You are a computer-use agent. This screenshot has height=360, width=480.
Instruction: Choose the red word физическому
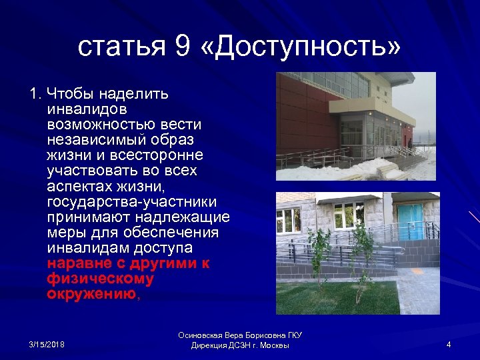[x=100, y=278]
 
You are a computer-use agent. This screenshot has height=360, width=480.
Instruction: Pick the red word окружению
[x=91, y=293]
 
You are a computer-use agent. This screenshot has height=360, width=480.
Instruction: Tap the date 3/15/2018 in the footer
[x=47, y=344]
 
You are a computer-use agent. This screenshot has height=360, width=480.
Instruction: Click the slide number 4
[x=449, y=344]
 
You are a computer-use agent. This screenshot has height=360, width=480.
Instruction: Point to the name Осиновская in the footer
[x=205, y=335]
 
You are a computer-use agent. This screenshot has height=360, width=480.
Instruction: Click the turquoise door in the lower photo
[x=409, y=219]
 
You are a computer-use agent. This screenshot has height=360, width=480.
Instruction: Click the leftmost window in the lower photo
[x=289, y=219]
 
